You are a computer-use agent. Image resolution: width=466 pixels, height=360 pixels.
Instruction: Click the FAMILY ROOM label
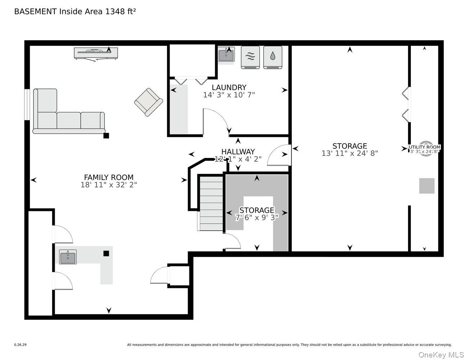pos(108,177)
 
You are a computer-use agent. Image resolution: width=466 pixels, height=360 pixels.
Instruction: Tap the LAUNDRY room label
pos(229,87)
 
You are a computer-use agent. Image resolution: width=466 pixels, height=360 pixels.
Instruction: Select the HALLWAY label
pos(238,152)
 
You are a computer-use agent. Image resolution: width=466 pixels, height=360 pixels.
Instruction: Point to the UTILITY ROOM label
pos(424,147)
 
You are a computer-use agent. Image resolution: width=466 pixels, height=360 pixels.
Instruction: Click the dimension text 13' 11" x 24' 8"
pos(349,153)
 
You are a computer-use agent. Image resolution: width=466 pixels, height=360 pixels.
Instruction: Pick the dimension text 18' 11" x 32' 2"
pos(108,185)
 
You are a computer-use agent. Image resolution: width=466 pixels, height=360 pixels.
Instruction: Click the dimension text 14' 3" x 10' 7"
pos(229,95)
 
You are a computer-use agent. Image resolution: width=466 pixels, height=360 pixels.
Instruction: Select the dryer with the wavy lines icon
pos(250,57)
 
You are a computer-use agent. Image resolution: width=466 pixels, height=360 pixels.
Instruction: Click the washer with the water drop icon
pos(273,57)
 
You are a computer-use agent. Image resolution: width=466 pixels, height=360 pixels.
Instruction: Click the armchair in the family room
pos(148,102)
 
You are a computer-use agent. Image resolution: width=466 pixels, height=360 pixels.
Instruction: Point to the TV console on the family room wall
pos(96,53)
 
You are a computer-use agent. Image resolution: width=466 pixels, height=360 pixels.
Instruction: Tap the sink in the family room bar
pos(68,257)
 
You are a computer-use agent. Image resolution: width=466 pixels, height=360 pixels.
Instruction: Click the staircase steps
pos(211,203)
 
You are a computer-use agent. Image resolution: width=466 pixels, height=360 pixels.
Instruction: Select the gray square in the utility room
pos(426,186)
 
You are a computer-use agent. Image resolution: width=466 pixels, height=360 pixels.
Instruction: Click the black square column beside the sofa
pos(106,136)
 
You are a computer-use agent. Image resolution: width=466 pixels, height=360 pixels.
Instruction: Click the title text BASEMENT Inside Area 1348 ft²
pos(75,12)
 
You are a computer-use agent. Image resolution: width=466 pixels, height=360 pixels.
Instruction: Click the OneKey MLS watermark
pos(441,355)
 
